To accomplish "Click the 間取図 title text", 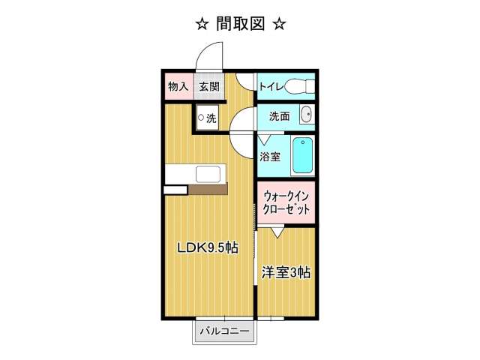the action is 240,24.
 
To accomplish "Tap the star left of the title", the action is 202,24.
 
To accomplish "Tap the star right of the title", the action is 280,24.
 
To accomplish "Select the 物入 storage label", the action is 178,87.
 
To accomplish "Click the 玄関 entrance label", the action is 209,87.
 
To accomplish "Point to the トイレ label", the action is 271,87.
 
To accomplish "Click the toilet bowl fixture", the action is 300,87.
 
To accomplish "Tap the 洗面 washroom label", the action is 280,116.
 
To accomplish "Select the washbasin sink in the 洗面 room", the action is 307,115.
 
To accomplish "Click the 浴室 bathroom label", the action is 270,157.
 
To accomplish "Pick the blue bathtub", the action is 303,155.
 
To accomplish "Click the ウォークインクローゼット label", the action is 286,202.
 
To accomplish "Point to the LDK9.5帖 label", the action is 208,247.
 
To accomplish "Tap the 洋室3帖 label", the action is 286,272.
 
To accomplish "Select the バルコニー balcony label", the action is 225,331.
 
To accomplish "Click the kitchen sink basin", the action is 208,174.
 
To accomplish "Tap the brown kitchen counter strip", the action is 208,189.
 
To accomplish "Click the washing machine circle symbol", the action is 201,117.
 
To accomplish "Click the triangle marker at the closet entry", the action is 277,232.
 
